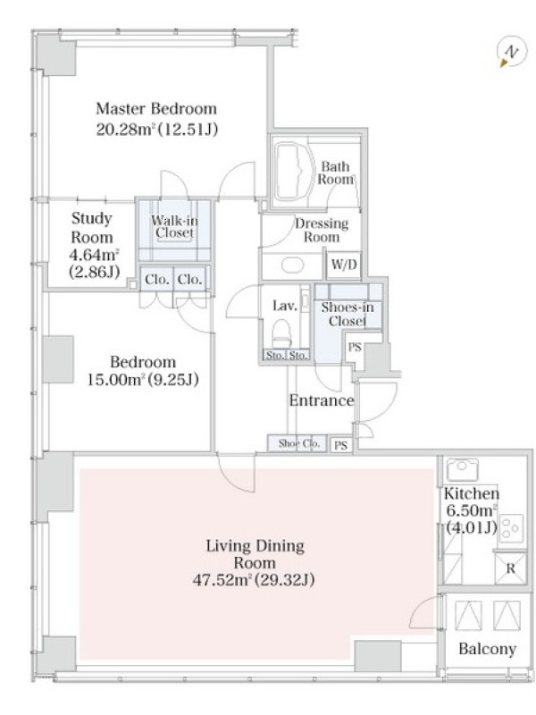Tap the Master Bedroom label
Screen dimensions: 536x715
[156, 109]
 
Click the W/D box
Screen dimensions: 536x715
[344, 265]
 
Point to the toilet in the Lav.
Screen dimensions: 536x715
[281, 332]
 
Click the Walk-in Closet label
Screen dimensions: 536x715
[174, 227]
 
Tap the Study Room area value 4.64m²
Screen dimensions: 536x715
[95, 255]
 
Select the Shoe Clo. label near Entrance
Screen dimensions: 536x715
[299, 443]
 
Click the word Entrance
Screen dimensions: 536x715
[322, 400]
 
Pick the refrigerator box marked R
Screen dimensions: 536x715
[510, 568]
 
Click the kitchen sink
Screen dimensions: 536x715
[463, 470]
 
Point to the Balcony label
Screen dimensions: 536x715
[487, 649]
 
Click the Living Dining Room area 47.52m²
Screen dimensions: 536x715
[222, 580]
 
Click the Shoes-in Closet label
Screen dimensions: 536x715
[348, 315]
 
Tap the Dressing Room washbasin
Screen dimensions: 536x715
[293, 265]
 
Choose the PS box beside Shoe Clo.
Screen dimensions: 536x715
[340, 445]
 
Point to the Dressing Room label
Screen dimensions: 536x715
[322, 231]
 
